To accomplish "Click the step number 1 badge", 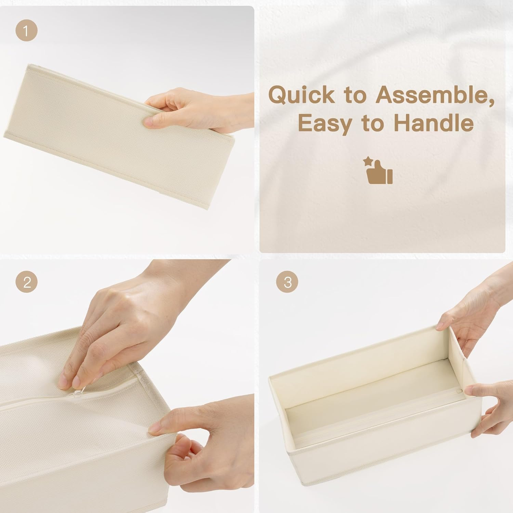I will coord(26,31).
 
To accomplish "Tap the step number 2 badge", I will coord(26,282).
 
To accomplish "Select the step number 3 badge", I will coord(288,282).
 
